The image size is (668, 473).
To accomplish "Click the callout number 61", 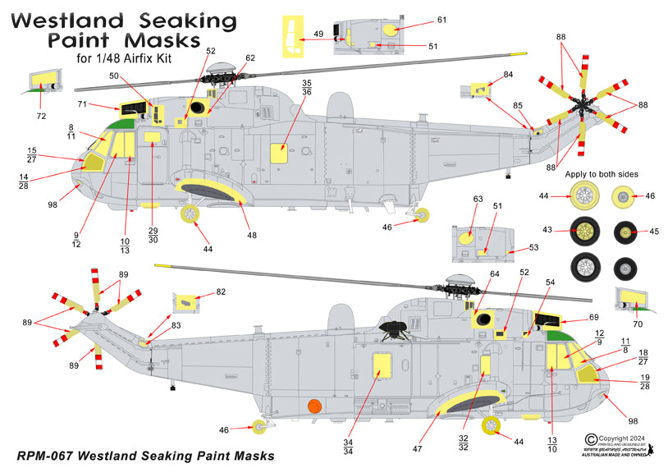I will (442, 19).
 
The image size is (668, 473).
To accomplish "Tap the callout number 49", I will (318, 34).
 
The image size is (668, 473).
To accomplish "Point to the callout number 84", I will (509, 75).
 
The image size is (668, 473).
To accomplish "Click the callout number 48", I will (252, 236).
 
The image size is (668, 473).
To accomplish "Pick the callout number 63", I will (478, 199).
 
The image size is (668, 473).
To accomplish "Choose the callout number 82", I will (221, 292).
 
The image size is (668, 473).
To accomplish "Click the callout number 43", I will (558, 232).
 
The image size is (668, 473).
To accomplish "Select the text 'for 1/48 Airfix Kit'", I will (127, 58).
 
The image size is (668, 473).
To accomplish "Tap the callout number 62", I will (249, 58).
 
